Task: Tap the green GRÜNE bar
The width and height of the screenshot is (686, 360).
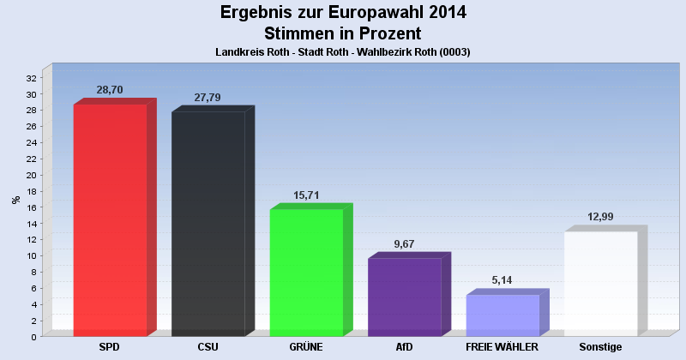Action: point(306,272)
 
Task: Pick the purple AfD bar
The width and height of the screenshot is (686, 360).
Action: point(404,297)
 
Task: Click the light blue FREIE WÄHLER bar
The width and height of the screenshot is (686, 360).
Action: point(502,315)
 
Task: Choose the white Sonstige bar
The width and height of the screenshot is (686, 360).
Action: point(600,283)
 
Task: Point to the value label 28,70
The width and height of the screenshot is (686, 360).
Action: point(110,89)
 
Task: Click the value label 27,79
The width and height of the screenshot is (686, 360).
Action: point(208,97)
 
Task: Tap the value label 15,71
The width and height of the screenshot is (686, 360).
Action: point(306,195)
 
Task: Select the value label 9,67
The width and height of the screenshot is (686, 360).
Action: point(404,244)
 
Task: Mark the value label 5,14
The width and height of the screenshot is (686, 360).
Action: point(502,280)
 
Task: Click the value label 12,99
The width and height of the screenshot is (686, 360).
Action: point(600,217)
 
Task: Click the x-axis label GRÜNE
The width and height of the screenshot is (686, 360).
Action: point(306,347)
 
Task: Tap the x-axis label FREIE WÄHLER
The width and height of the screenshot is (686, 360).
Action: point(502,347)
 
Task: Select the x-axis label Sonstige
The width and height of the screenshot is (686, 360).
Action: point(600,347)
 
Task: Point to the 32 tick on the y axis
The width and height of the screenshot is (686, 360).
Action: point(31,77)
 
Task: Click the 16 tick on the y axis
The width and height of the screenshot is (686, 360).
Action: point(31,207)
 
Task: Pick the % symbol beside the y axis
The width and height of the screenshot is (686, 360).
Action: point(16,200)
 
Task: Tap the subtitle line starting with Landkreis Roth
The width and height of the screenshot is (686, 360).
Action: point(343,52)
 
